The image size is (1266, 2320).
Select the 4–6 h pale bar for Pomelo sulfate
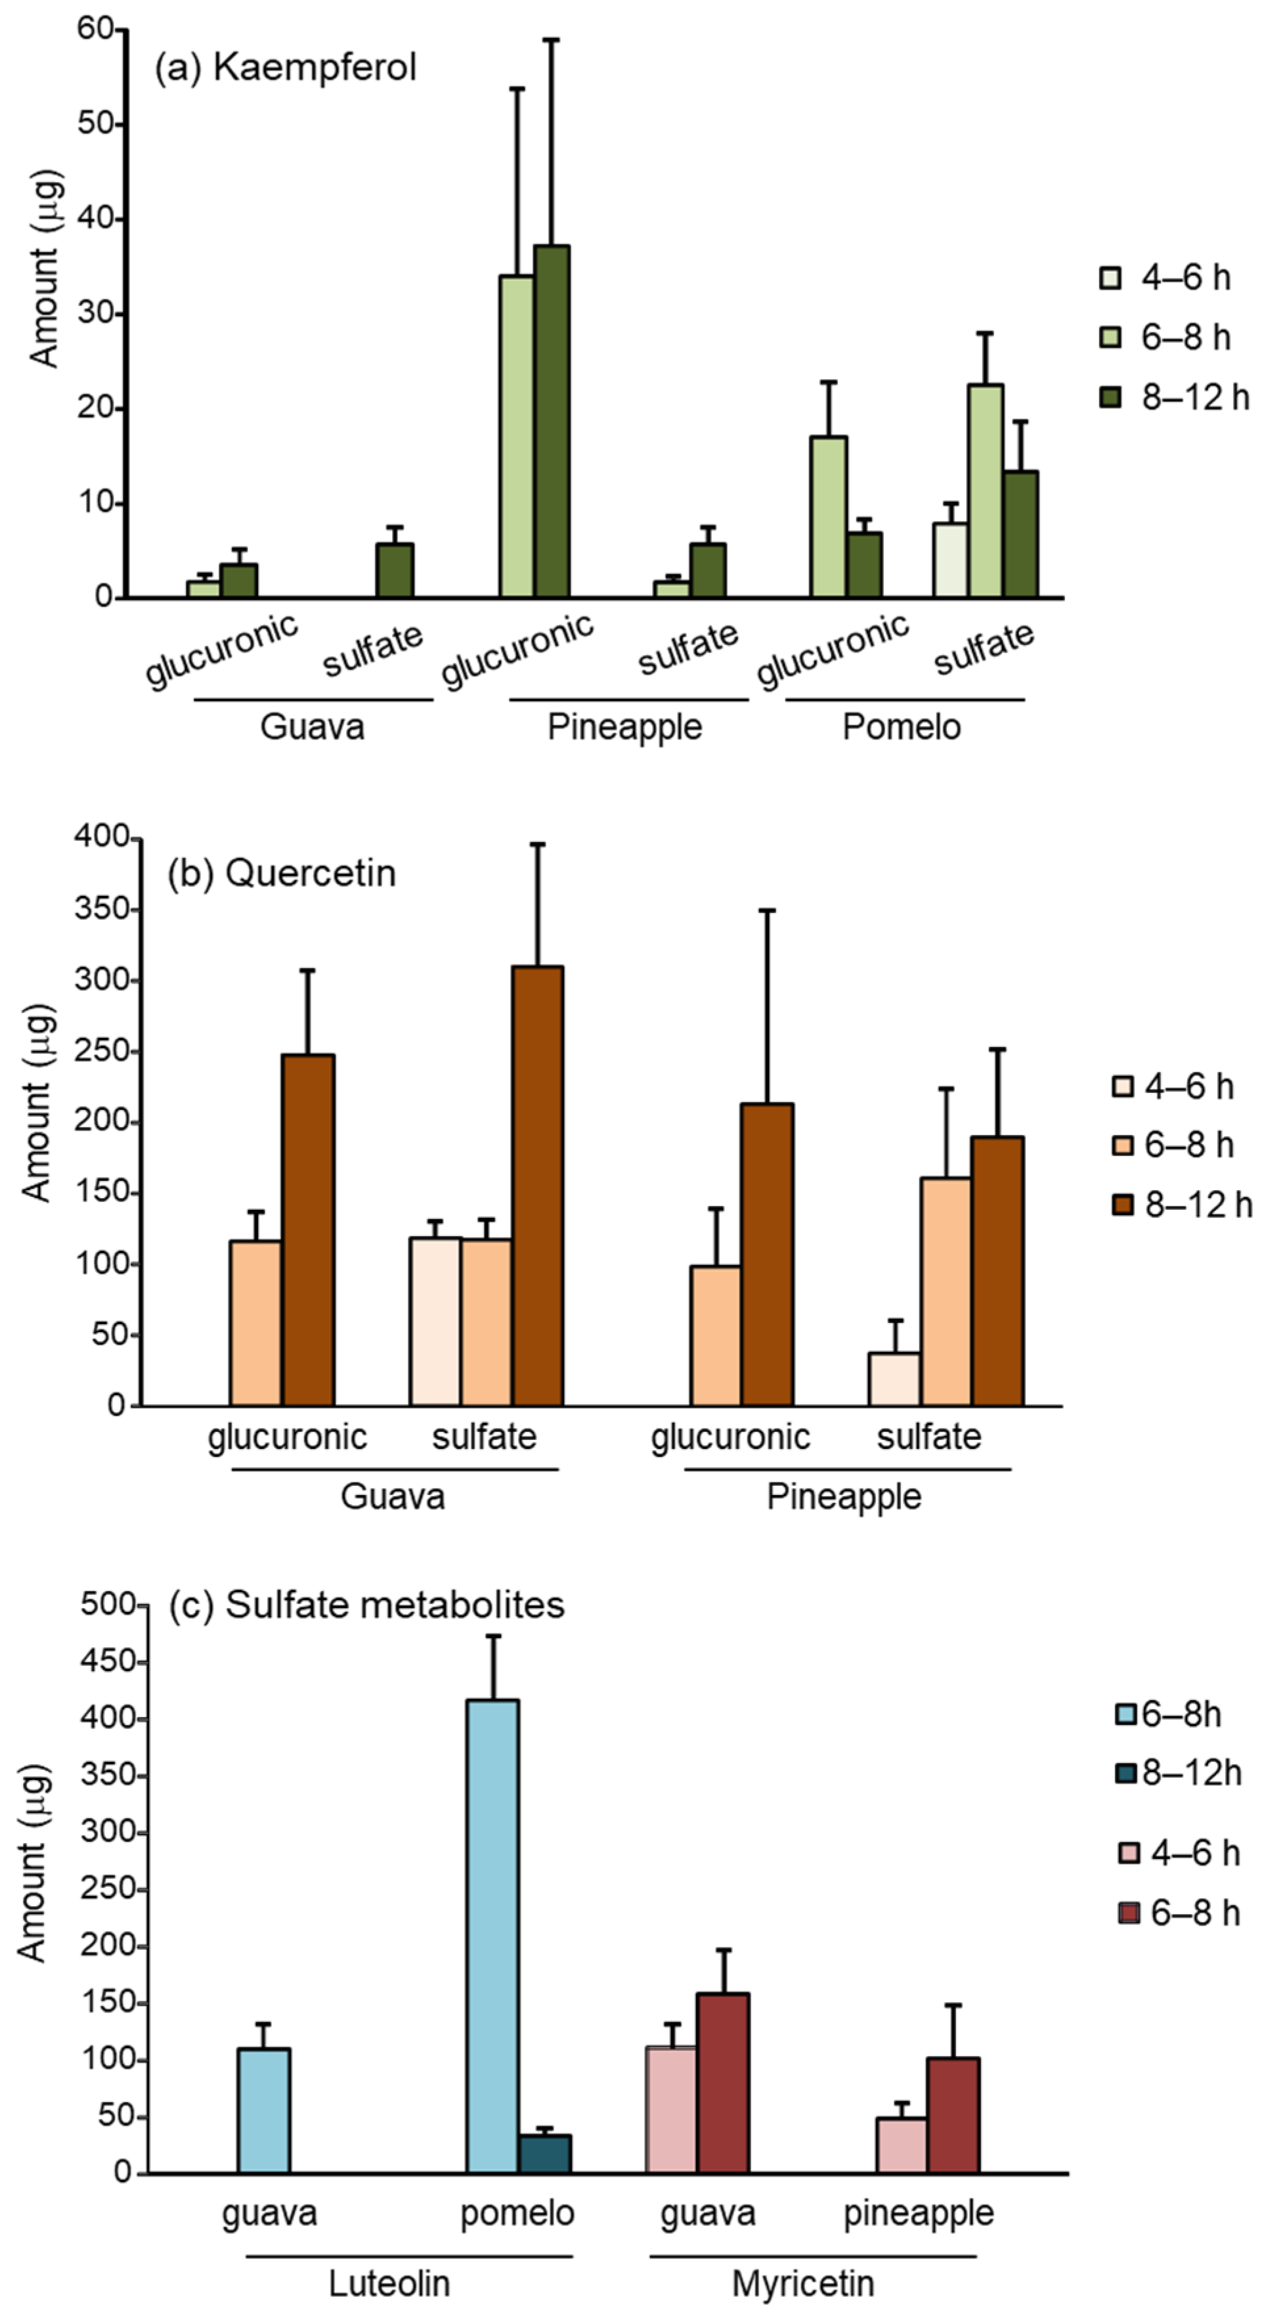pos(950,560)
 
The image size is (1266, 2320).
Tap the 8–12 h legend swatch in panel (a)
pos(1110,397)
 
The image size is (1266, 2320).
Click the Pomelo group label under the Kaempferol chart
pos(902,726)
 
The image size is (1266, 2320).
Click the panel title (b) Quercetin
pos(282,873)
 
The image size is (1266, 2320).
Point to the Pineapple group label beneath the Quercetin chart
pos(844,1496)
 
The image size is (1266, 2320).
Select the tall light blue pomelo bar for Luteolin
pos(492,1936)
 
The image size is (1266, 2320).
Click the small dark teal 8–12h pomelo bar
pos(545,2153)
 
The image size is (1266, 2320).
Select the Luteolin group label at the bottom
pos(389,2283)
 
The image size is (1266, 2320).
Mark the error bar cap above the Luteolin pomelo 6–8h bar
pos(493,1636)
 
